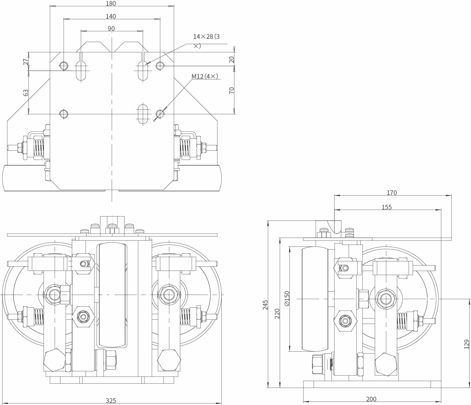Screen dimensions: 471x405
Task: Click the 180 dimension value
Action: (x=111, y=4)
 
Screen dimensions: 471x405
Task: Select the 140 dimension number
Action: (x=111, y=17)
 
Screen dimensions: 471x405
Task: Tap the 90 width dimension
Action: (x=111, y=29)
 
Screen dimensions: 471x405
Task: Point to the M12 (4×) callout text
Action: (x=205, y=76)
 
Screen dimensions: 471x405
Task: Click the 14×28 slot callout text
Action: (x=206, y=41)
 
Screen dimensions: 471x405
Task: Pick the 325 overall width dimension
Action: (x=111, y=401)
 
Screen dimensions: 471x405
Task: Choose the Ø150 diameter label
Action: (x=287, y=299)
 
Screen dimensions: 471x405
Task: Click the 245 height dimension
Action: (x=265, y=305)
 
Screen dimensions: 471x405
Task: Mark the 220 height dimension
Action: (x=277, y=314)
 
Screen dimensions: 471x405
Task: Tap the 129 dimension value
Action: (x=467, y=344)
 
